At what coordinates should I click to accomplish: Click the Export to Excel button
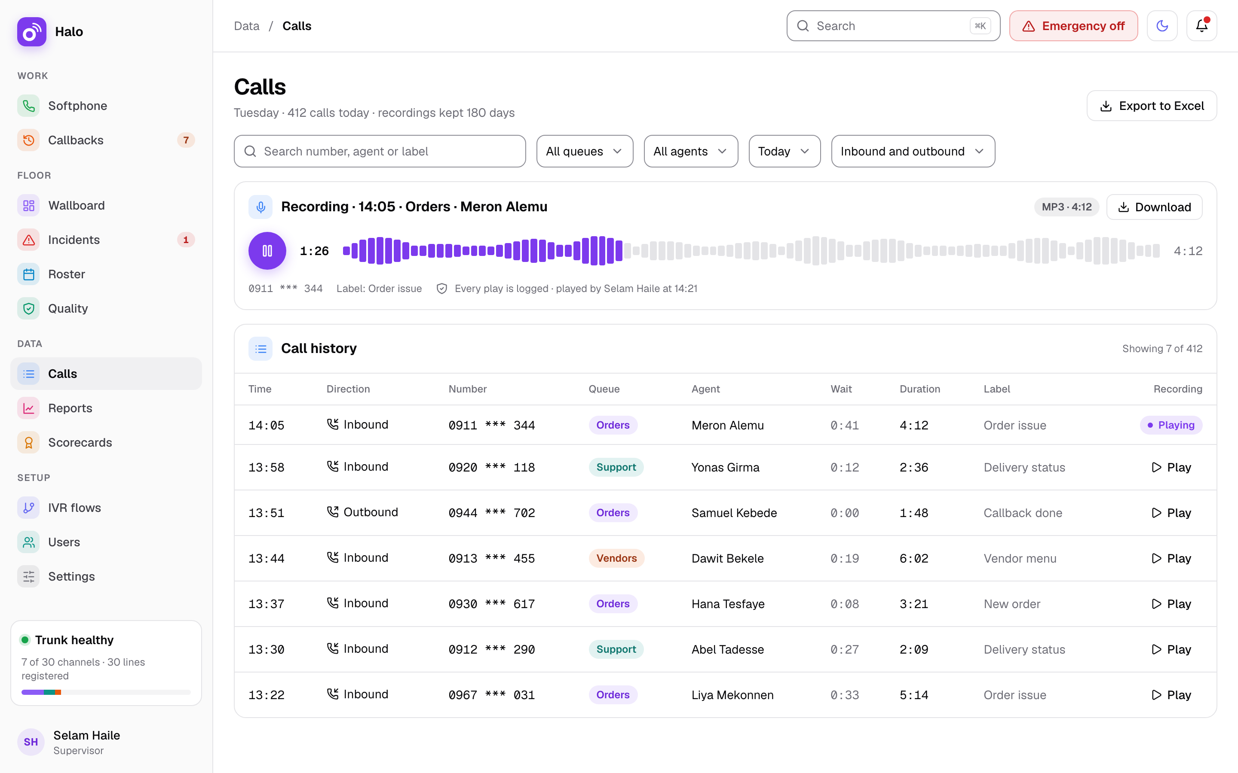pos(1152,106)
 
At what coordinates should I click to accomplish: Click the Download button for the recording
pos(1154,207)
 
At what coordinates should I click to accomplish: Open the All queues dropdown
pos(585,151)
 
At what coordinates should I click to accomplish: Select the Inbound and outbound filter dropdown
pos(913,151)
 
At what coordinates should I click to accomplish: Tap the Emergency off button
pos(1073,26)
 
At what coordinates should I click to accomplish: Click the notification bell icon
pos(1202,26)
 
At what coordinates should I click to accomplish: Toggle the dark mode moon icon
pos(1162,26)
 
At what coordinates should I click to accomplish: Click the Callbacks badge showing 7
pos(186,140)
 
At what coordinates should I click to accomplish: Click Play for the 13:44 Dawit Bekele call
pos(1171,558)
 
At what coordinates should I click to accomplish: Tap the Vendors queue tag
pos(616,558)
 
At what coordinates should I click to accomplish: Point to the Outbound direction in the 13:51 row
pos(362,512)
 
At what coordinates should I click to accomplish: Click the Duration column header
pos(920,389)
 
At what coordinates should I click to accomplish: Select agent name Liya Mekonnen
pos(732,695)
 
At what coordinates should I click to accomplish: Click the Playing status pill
pos(1171,425)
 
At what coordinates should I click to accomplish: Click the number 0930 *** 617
pos(492,604)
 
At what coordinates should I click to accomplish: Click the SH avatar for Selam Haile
pos(31,742)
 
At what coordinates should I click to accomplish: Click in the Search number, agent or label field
pos(380,151)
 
